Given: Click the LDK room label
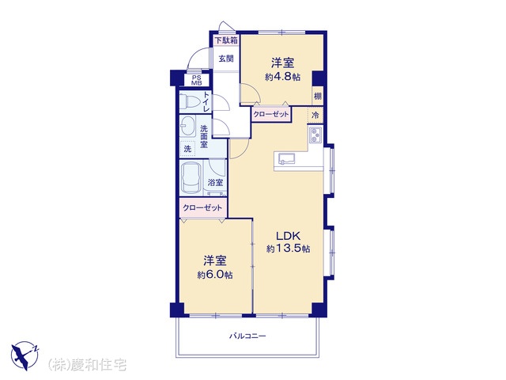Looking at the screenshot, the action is coord(288,235).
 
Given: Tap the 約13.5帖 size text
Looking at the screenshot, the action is coord(288,249).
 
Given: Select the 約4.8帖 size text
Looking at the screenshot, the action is coord(283,77).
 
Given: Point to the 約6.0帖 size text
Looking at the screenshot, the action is coord(215,275).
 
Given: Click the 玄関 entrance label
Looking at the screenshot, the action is coord(226,59).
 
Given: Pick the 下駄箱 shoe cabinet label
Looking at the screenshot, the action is coord(227,40).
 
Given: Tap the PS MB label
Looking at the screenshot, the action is coord(196,80).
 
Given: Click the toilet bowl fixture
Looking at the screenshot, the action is coord(190,101).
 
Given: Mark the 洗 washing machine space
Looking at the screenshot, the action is coord(187,149).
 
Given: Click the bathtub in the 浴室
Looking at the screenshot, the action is coord(191,177).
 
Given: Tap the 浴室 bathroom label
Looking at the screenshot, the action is coord(215,183).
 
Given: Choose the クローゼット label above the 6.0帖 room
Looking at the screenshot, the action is coord(202,207).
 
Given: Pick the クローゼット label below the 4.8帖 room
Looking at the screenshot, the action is coord(271,114).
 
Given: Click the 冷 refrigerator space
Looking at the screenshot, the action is coord(315,115).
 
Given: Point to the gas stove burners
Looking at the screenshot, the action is coord(315,135).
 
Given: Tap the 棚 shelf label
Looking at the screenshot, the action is coord(318,96).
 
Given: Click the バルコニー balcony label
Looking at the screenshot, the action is coord(247,336).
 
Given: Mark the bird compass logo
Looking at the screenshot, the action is coord(25,355).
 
